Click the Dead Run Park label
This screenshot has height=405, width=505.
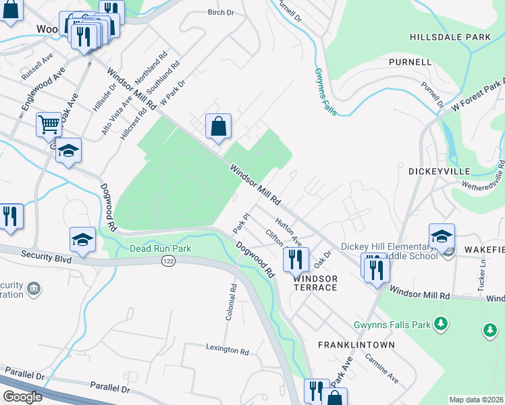pyautogui.click(x=161, y=249)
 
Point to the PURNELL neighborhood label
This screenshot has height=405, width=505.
pyautogui.click(x=410, y=62)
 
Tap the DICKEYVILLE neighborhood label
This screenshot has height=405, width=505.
pyautogui.click(x=439, y=171)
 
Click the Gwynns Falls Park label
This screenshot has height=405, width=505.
pyautogui.click(x=392, y=325)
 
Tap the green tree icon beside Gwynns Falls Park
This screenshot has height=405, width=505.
pyautogui.click(x=441, y=324)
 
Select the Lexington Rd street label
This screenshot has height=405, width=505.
pyautogui.click(x=228, y=350)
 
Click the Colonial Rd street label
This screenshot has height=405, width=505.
pyautogui.click(x=234, y=301)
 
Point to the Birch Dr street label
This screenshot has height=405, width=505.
pyautogui.click(x=220, y=13)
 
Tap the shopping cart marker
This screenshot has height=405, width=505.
pyautogui.click(x=49, y=125)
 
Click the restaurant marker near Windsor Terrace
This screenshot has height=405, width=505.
pyautogui.click(x=295, y=259)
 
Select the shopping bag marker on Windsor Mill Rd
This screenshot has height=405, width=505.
pyautogui.click(x=219, y=126)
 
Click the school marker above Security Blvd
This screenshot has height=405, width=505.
pyautogui.click(x=82, y=240)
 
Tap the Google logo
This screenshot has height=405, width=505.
pyautogui.click(x=22, y=396)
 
